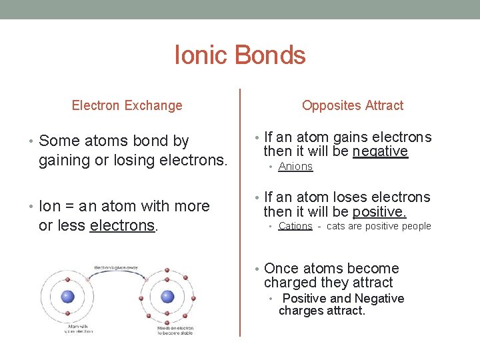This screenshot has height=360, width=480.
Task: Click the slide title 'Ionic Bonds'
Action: (x=239, y=55)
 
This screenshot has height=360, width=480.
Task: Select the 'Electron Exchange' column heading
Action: (x=127, y=105)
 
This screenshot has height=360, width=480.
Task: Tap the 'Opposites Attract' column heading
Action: (x=352, y=105)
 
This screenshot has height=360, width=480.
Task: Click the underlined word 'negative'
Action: (x=380, y=152)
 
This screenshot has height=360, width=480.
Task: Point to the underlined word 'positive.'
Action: (x=379, y=212)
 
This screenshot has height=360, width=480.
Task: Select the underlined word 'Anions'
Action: (x=295, y=167)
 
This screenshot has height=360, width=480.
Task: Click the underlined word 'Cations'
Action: (x=295, y=226)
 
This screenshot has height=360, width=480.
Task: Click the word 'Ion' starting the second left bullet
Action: (x=49, y=207)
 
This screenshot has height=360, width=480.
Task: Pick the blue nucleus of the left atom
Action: (x=67, y=297)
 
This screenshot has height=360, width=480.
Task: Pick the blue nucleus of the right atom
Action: (x=167, y=297)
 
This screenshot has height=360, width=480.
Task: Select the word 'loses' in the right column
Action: (x=332, y=197)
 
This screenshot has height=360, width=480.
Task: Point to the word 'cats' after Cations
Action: (x=337, y=226)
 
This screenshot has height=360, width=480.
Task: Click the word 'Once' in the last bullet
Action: (x=281, y=269)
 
